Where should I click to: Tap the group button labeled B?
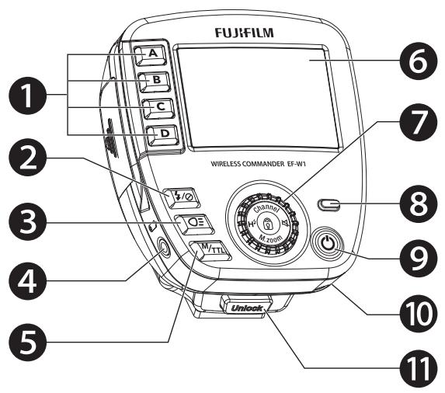153,79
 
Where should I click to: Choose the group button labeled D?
162,134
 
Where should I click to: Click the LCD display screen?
256,97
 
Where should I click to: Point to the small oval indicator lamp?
331,206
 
